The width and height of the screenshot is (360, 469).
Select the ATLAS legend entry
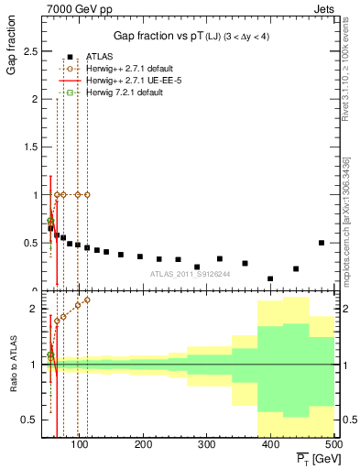point(100,57)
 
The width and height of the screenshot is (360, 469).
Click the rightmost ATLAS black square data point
point(322,243)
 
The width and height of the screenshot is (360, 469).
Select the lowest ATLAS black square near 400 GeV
point(270,278)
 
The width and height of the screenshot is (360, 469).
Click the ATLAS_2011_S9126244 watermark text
point(189,273)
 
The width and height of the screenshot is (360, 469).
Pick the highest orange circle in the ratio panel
point(87,300)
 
